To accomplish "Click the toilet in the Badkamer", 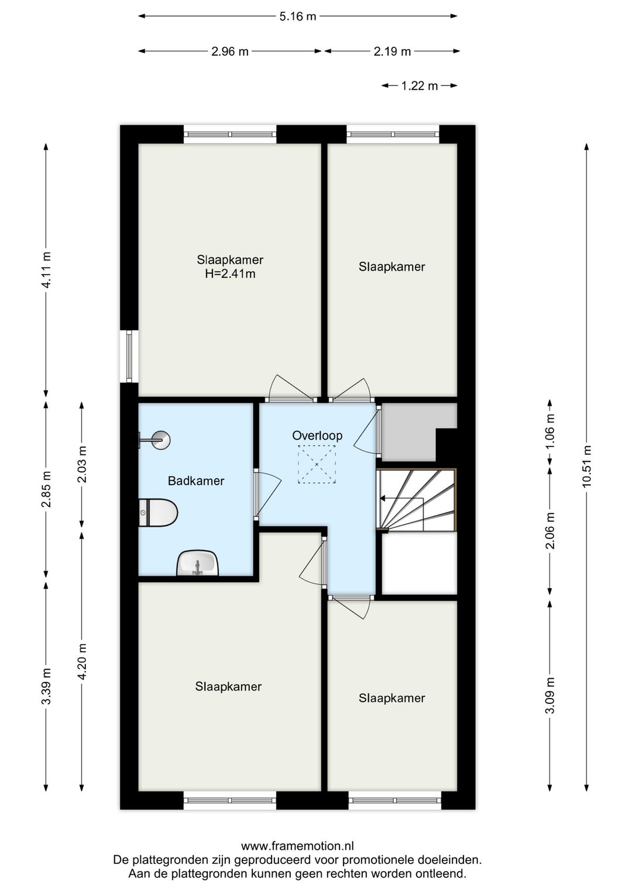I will pyautogui.click(x=159, y=513).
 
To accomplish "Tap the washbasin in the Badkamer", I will pyautogui.click(x=198, y=563).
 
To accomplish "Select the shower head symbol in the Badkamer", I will pyautogui.click(x=157, y=440).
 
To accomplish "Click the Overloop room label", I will pyautogui.click(x=317, y=435).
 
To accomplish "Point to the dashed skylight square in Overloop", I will pyautogui.click(x=317, y=464).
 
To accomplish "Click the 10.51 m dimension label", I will pyautogui.click(x=587, y=466).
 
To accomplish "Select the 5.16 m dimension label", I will pyautogui.click(x=297, y=16).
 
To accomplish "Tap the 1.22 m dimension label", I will pyautogui.click(x=419, y=86).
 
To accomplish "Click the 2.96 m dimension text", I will pyautogui.click(x=230, y=51).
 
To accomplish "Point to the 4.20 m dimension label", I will pyautogui.click(x=82, y=661).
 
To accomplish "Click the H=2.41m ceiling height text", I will pyautogui.click(x=230, y=274).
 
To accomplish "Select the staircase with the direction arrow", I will pyautogui.click(x=416, y=499).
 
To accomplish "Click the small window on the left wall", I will pyautogui.click(x=128, y=357).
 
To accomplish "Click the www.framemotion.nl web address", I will pyautogui.click(x=297, y=846).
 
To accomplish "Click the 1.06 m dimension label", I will pyautogui.click(x=549, y=431).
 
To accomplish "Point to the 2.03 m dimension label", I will pyautogui.click(x=82, y=464).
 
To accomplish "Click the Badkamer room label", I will pyautogui.click(x=196, y=481).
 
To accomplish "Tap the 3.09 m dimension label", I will pyautogui.click(x=549, y=695).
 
